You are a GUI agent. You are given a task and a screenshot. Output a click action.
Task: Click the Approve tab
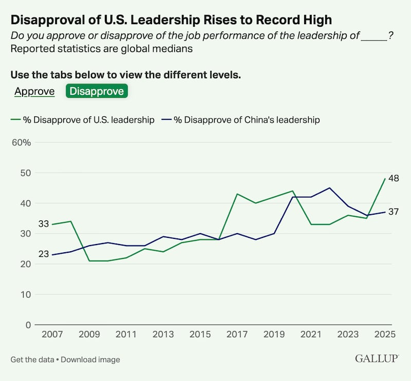pos(34,91)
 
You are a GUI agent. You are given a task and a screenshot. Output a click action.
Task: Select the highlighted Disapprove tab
pos(97,91)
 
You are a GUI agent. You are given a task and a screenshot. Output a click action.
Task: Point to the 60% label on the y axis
pos(22,143)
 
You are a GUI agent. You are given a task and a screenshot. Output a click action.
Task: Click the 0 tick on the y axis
pos(28,325)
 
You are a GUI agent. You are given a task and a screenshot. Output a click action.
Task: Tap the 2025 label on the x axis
pos(385,335)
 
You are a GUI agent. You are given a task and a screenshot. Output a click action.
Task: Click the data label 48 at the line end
pos(394,179)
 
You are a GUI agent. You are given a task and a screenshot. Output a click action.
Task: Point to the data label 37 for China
pos(394,212)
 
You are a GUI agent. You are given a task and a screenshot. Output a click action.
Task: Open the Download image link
pos(90,359)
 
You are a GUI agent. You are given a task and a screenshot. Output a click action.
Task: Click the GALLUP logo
pos(378,358)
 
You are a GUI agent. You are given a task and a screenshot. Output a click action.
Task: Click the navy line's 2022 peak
pos(329,188)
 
